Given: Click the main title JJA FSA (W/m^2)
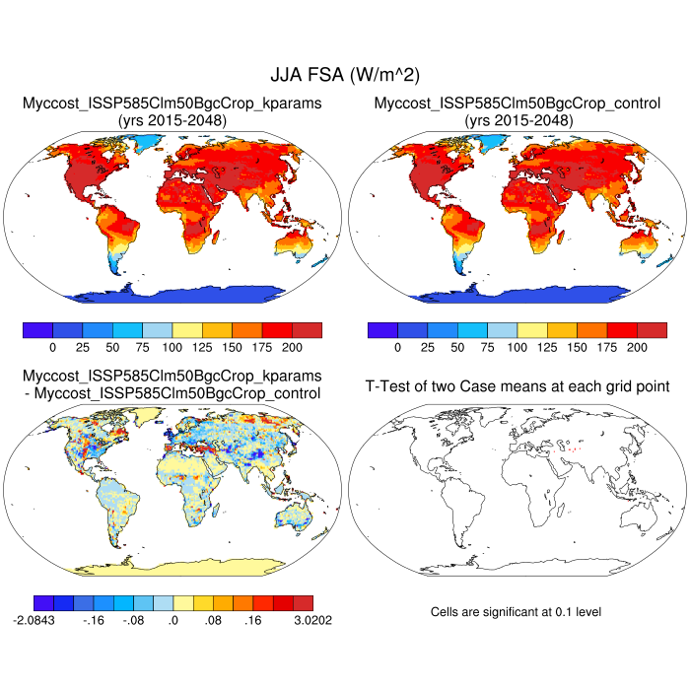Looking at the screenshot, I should [x=344, y=75].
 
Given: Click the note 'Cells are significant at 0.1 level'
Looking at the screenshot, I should [x=516, y=612].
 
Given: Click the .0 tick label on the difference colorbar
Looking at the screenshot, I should [x=172, y=623].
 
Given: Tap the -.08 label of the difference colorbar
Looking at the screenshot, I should [x=134, y=623].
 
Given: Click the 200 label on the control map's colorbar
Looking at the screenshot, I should [x=637, y=348].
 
